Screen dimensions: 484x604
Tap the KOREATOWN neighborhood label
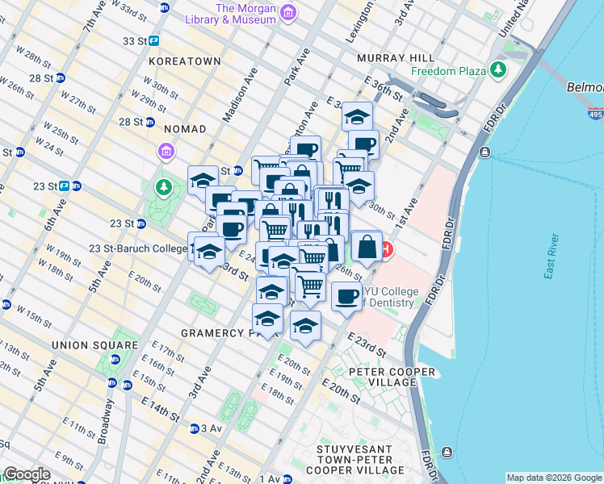click(x=185, y=60)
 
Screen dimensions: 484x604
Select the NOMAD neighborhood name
click(x=185, y=129)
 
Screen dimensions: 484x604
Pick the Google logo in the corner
click(x=27, y=474)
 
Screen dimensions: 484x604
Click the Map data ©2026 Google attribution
click(x=553, y=478)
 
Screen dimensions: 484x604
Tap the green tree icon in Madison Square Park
click(x=165, y=188)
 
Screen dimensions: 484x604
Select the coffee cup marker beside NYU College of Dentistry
click(x=346, y=296)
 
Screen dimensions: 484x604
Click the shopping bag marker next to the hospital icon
click(x=367, y=247)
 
